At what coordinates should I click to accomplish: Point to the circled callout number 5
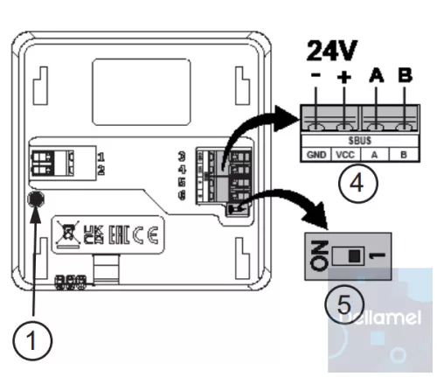tap(341, 304)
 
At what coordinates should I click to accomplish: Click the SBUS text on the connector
tap(358, 139)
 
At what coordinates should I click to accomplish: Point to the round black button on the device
tap(36, 199)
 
